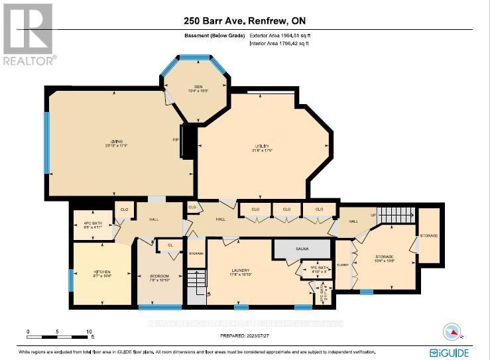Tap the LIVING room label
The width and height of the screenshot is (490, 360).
pos(117,141)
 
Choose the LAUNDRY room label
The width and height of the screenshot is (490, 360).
pos(240,270)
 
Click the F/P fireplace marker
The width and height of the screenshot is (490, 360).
pos(177,139)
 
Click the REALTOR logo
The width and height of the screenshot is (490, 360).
pos(29,34)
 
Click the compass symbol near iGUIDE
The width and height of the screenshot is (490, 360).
pos(453,331)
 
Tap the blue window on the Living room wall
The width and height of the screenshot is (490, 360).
pos(46,142)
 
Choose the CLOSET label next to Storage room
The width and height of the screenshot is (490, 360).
pos(342,263)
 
